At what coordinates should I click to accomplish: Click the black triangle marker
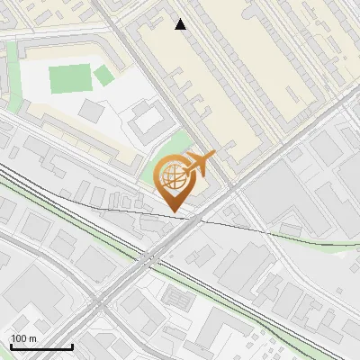click(x=181, y=24)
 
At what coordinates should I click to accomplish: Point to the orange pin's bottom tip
click(x=173, y=211)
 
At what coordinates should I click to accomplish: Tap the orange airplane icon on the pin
click(x=195, y=164)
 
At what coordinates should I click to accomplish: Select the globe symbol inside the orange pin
click(x=171, y=180)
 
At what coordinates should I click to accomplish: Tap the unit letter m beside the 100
click(x=33, y=337)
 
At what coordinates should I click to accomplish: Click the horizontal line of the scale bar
click(x=41, y=346)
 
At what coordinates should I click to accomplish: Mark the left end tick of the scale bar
click(x=11, y=346)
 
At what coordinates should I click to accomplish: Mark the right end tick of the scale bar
click(x=72, y=346)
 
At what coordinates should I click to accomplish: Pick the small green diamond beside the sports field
click(x=104, y=76)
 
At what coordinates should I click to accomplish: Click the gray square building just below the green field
click(x=92, y=110)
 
